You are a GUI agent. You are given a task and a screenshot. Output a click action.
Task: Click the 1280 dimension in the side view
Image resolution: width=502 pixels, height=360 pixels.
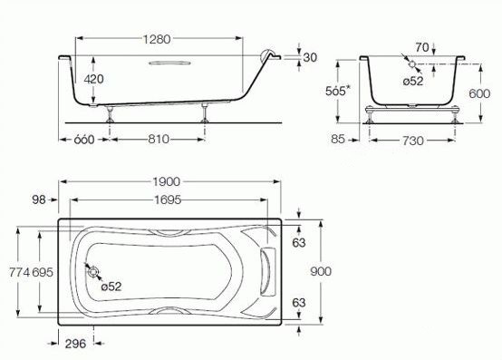point(157,39)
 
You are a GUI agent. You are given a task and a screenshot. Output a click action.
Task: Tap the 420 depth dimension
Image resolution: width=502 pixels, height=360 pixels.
point(94,79)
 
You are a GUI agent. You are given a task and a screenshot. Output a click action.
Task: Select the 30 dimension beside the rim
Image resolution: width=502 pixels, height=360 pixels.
point(310,58)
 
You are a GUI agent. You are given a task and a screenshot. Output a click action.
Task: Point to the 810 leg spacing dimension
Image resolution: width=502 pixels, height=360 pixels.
point(159,139)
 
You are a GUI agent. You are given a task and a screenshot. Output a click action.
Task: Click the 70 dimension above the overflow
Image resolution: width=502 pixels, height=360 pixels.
point(422,47)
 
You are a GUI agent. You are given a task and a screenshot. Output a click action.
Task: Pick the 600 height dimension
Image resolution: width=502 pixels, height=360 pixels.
point(479,93)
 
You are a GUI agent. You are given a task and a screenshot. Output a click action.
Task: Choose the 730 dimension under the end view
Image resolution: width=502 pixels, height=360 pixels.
point(412,141)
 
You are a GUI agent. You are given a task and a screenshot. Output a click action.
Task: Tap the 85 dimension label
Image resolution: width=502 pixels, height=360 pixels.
point(338,139)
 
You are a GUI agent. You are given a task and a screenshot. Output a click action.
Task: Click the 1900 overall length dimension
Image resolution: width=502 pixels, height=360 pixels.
point(167,181)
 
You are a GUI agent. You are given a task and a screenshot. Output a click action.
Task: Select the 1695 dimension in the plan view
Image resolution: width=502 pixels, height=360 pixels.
point(168,199)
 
